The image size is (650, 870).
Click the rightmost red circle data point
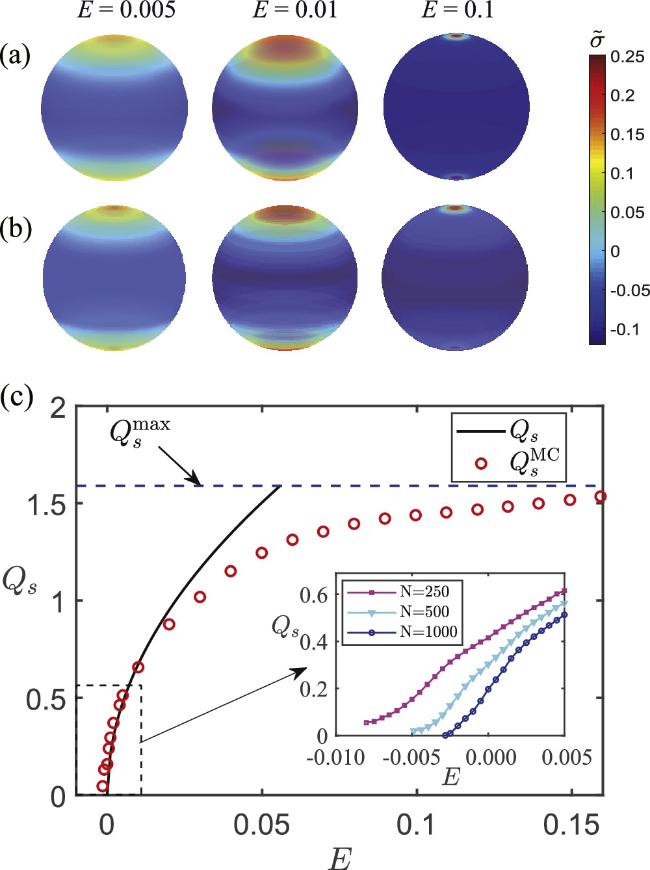[x=600, y=497]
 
